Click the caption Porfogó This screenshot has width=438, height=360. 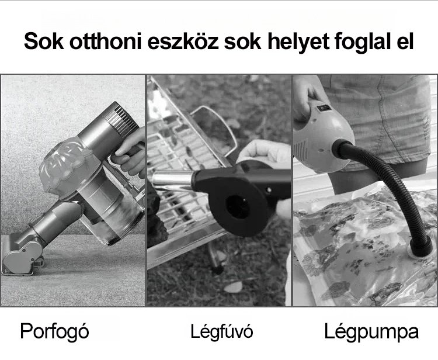coord(54,332)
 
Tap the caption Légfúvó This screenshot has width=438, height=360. coord(221,331)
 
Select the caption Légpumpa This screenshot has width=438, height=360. coord(371,332)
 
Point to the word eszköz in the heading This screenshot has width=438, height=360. coord(183,41)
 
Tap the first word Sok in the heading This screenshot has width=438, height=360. coord(44,41)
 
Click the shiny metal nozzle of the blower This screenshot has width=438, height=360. coord(172,181)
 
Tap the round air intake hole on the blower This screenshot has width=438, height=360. coord(237,207)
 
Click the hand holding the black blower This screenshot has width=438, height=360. coord(264,153)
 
